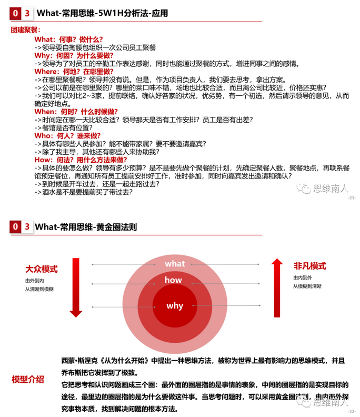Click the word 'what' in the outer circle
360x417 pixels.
175,263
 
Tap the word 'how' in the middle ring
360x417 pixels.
173,280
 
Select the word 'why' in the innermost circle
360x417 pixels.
175,305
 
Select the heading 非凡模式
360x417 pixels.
309,266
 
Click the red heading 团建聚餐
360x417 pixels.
26,31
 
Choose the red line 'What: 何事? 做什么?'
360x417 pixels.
68,39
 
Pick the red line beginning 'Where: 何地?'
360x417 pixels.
74,71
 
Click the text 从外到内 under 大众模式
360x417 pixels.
35,281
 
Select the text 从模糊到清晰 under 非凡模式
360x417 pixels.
307,286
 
